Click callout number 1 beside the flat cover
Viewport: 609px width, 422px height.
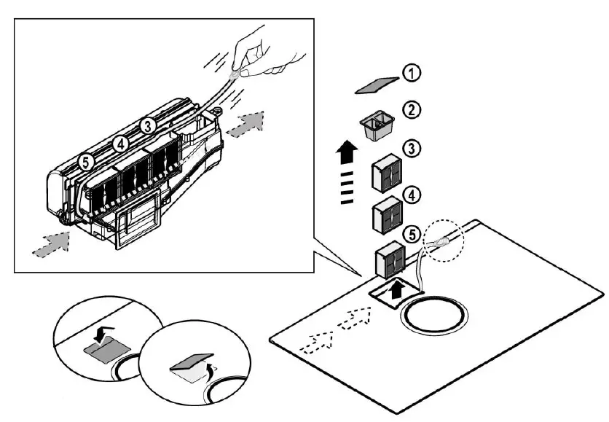point(412,73)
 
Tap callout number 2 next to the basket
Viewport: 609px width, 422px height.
point(412,110)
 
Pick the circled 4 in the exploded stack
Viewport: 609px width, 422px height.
point(412,195)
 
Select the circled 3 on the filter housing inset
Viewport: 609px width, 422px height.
point(148,126)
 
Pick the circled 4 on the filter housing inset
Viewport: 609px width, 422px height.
point(122,144)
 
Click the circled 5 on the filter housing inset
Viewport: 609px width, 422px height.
point(86,163)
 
